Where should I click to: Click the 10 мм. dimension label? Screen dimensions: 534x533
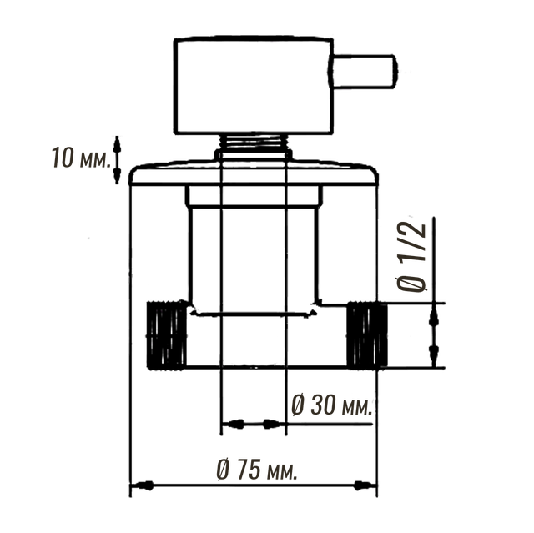tap(81, 158)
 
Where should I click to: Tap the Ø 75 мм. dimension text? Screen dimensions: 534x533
tap(257, 470)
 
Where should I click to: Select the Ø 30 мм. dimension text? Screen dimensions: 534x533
tap(331, 405)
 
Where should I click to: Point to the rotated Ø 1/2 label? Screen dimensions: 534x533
tap(411, 257)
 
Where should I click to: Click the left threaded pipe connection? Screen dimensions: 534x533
tap(167, 335)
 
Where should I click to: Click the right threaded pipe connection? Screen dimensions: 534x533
tap(367, 335)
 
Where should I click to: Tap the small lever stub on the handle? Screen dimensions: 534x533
tap(363, 72)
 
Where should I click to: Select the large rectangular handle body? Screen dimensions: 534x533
tap(254, 85)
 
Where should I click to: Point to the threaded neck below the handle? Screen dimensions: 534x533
tap(254, 142)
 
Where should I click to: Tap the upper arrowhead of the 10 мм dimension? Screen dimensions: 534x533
tap(117, 144)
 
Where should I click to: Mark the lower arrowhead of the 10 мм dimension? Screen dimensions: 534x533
tap(117, 174)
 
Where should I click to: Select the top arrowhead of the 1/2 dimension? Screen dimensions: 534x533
tap(434, 315)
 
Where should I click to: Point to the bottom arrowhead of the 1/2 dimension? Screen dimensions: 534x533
tap(434, 356)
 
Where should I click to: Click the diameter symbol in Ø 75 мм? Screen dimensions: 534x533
tap(223, 470)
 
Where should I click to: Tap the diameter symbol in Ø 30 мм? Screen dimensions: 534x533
tap(298, 405)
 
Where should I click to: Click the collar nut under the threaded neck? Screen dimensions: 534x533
tap(254, 154)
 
